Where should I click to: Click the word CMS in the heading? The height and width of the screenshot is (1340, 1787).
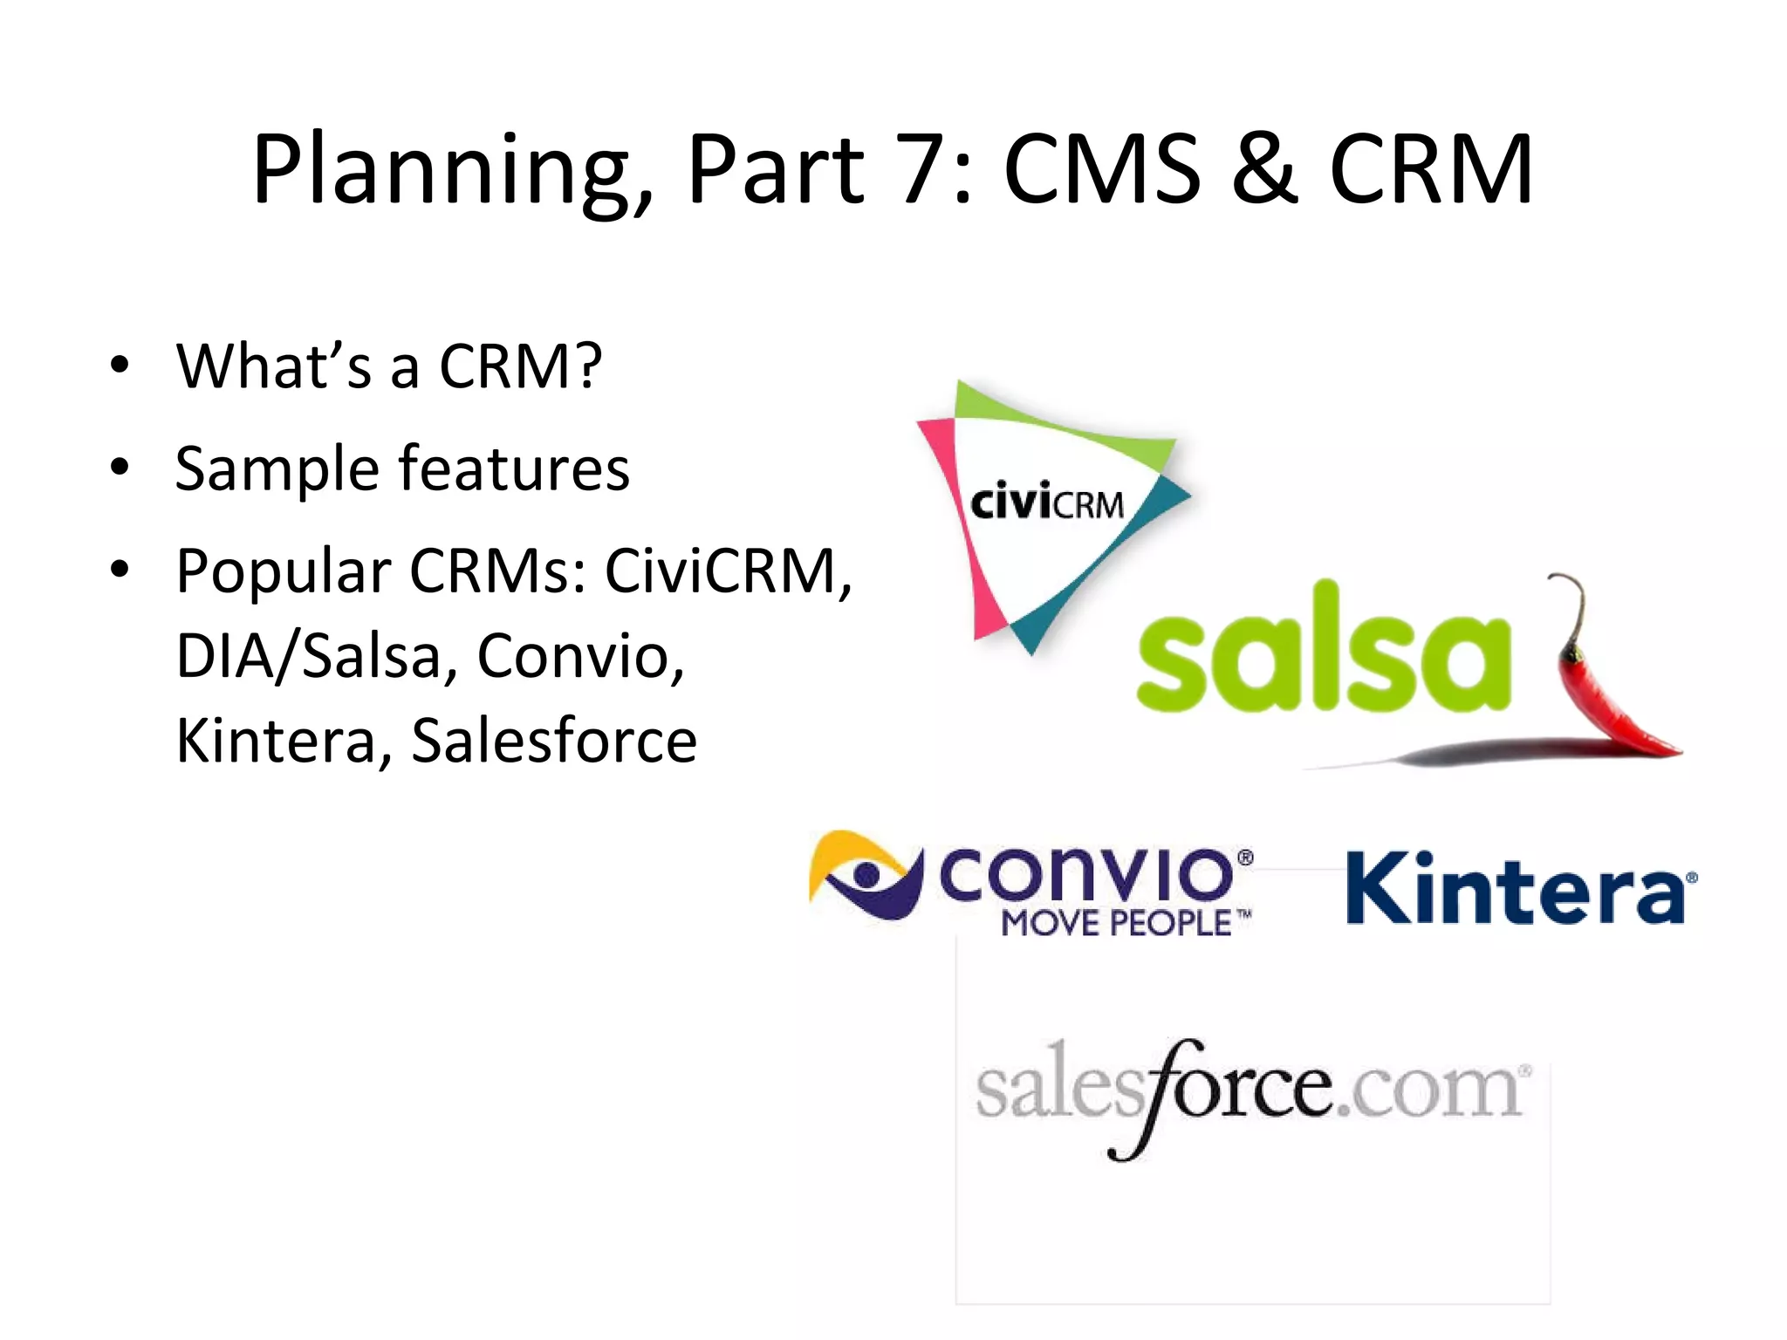tap(1102, 170)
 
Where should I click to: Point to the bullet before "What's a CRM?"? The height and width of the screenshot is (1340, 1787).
tap(120, 365)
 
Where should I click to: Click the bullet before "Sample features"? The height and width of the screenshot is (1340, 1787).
tap(120, 468)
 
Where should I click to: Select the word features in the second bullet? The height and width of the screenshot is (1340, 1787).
tap(514, 468)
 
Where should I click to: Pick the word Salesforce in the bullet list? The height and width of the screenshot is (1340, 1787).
tap(554, 741)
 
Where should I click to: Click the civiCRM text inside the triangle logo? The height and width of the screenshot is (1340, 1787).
tap(1047, 504)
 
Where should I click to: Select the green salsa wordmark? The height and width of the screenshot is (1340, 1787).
tap(1322, 650)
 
